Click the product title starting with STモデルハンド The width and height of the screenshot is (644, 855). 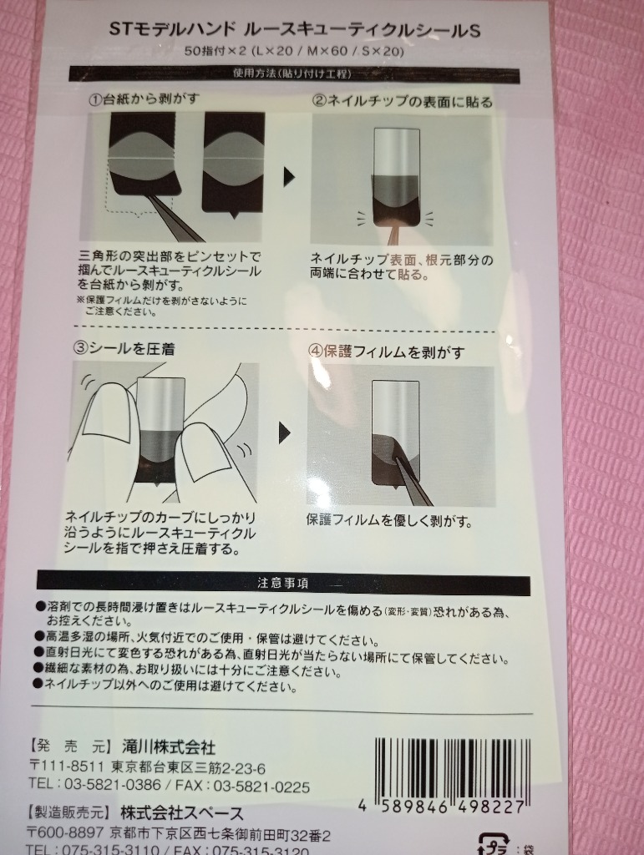coord(296,31)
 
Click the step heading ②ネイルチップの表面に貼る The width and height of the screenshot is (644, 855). coord(403,101)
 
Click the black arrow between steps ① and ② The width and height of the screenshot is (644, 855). coord(289,177)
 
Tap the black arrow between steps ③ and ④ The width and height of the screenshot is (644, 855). coord(286,432)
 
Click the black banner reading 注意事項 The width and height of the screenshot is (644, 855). coord(283,582)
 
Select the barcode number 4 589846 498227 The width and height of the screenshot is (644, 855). coord(443,807)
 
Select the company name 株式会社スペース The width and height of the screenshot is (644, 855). coord(181,812)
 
